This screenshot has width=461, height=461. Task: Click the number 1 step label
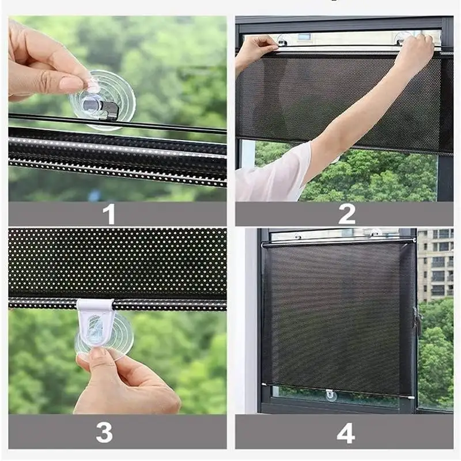tap(109, 214)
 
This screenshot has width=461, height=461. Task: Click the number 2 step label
tap(347, 214)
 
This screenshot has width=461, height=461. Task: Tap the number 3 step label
tap(104, 432)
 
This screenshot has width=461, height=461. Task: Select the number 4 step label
tap(346, 433)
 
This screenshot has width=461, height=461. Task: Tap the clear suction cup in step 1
tap(103, 100)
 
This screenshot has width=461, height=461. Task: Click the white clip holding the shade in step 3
tap(96, 323)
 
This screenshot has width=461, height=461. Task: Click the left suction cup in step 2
tap(282, 40)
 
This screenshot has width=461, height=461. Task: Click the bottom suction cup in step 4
tap(331, 395)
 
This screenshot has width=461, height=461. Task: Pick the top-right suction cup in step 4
tap(375, 233)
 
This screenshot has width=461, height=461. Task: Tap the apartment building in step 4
tap(435, 265)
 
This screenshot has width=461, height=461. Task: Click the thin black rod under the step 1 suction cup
tap(118, 123)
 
